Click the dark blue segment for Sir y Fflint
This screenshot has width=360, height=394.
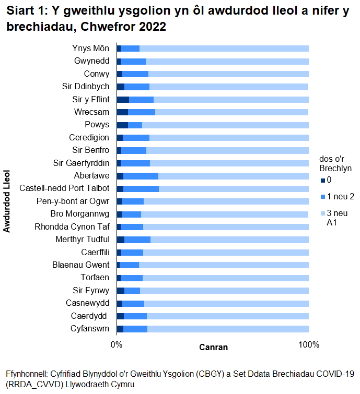click(x=123, y=100)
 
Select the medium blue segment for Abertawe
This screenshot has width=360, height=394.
click(x=141, y=176)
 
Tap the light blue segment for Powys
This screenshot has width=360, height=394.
click(x=225, y=125)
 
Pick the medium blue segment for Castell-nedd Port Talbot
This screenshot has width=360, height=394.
click(x=141, y=189)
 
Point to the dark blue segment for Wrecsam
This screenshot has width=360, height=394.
click(x=122, y=112)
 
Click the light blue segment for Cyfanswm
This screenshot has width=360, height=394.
click(x=228, y=329)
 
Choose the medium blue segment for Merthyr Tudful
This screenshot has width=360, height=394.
click(x=137, y=240)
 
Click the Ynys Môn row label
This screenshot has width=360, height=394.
click(x=91, y=49)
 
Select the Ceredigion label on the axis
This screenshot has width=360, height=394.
click(x=89, y=138)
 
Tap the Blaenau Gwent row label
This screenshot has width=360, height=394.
click(x=81, y=265)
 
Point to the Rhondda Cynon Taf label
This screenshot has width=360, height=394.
click(x=72, y=226)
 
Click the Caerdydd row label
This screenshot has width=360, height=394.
click(x=89, y=316)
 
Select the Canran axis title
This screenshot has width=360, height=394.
click(x=214, y=347)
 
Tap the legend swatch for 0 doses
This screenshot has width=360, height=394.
click(x=323, y=181)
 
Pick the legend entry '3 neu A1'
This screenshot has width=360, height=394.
click(x=337, y=218)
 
